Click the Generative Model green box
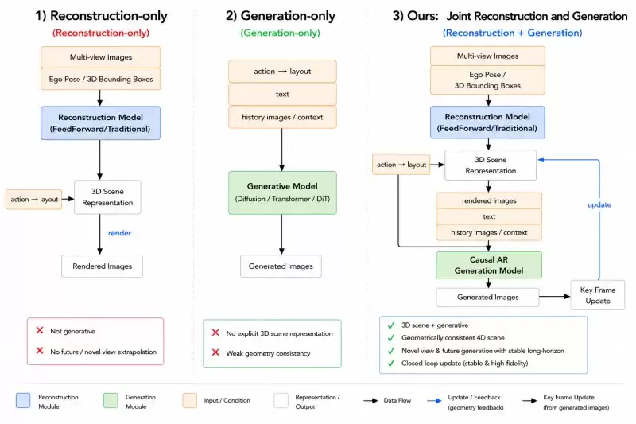pyautogui.click(x=282, y=193)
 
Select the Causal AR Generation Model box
pyautogui.click(x=489, y=265)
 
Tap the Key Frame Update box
pyautogui.click(x=598, y=295)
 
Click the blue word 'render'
pyautogui.click(x=120, y=233)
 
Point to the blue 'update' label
pyautogui.click(x=599, y=205)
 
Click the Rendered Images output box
pyautogui.click(x=103, y=266)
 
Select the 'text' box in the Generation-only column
pyautogui.click(x=282, y=94)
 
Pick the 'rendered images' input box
pyautogui.click(x=489, y=200)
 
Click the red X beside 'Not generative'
pyautogui.click(x=40, y=330)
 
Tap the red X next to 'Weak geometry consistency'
pyautogui.click(x=215, y=352)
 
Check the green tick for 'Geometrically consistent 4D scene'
pyautogui.click(x=391, y=337)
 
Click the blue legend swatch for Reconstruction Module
pyautogui.click(x=23, y=400)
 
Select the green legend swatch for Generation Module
pyautogui.click(x=111, y=400)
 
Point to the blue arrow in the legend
pyautogui.click(x=434, y=401)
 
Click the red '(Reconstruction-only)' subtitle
pyautogui.click(x=101, y=33)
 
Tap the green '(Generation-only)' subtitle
pyautogui.click(x=281, y=33)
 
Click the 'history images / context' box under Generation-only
pyautogui.click(x=282, y=117)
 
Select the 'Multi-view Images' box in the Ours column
pyautogui.click(x=487, y=56)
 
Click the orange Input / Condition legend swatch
pyautogui.click(x=190, y=400)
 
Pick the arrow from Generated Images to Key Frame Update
pyautogui.click(x=554, y=297)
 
